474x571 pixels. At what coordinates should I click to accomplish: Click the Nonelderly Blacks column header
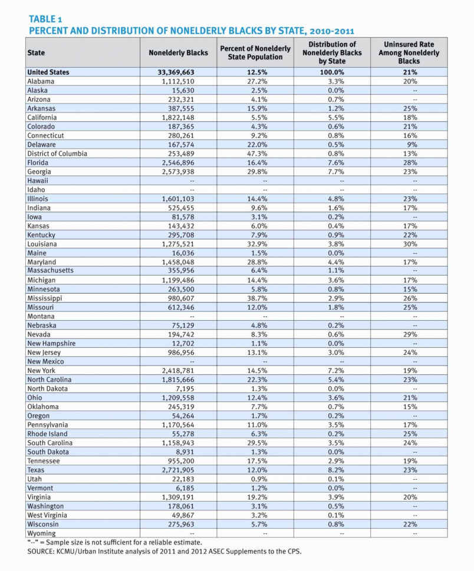coord(178,52)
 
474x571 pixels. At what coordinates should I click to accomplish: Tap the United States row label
coord(48,72)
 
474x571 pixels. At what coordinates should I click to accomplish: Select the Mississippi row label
coord(45,298)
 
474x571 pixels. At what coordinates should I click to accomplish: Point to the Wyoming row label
coord(42,533)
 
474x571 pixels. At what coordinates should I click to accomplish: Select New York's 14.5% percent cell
coord(255,371)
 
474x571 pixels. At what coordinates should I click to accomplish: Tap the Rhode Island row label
coord(47,434)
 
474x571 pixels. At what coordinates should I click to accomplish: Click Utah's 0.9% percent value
coord(255,479)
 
